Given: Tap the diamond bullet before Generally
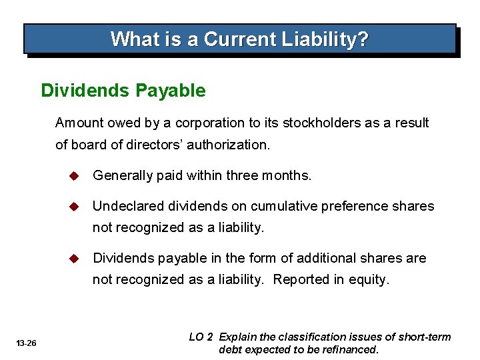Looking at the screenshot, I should (74, 175).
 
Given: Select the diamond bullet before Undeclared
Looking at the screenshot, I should (74, 206).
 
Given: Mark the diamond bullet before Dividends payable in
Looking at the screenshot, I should (74, 258).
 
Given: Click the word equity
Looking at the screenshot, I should (369, 280).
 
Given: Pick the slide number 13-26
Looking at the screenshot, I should (27, 343).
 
